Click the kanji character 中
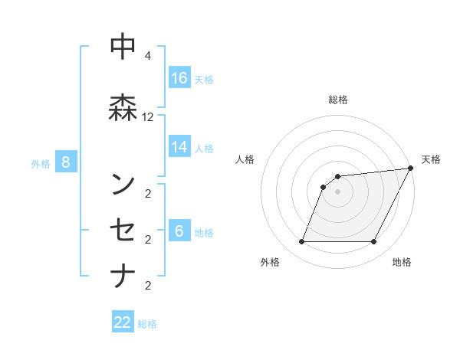point(123,47)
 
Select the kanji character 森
point(123,107)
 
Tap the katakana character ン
point(123,185)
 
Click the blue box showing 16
point(179,77)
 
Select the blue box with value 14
point(179,147)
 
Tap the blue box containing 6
point(179,231)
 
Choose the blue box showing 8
point(67,162)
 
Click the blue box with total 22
point(123,322)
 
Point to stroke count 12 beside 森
point(148,117)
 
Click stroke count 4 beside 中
point(148,56)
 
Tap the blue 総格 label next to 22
point(147,324)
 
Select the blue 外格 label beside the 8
point(41,163)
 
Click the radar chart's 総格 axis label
point(338,100)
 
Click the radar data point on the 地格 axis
point(373,242)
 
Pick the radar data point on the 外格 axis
point(301,242)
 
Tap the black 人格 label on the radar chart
point(245,159)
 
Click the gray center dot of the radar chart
point(337,191)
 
